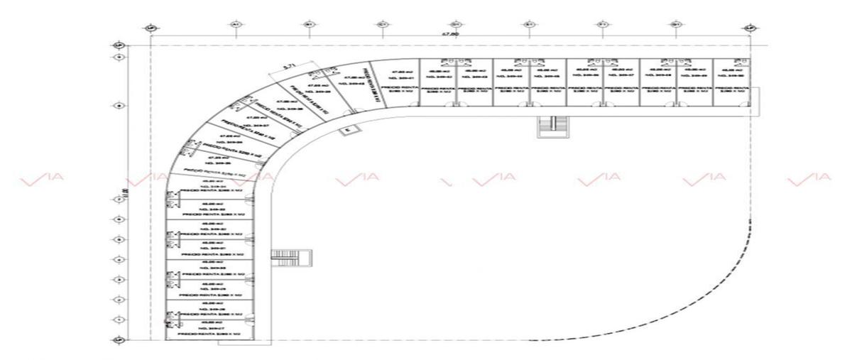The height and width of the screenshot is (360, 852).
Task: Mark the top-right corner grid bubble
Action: point(750,28)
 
